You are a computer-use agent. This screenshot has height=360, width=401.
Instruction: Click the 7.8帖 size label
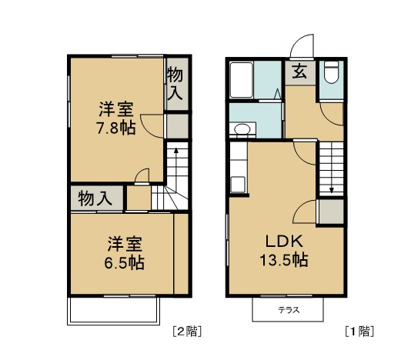[x=116, y=128]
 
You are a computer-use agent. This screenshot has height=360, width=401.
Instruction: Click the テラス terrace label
[x=289, y=311]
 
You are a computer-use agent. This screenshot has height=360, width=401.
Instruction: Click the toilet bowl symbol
[x=331, y=75]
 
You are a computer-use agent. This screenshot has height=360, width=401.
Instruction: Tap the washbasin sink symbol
[x=242, y=129]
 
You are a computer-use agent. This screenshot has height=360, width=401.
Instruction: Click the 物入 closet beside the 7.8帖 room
[x=175, y=84]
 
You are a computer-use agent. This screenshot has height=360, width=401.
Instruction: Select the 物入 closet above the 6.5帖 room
[x=95, y=198]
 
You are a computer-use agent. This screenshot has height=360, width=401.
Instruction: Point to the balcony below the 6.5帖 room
[x=114, y=311]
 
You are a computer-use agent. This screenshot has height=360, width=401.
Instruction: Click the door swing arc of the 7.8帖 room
[x=155, y=125]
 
